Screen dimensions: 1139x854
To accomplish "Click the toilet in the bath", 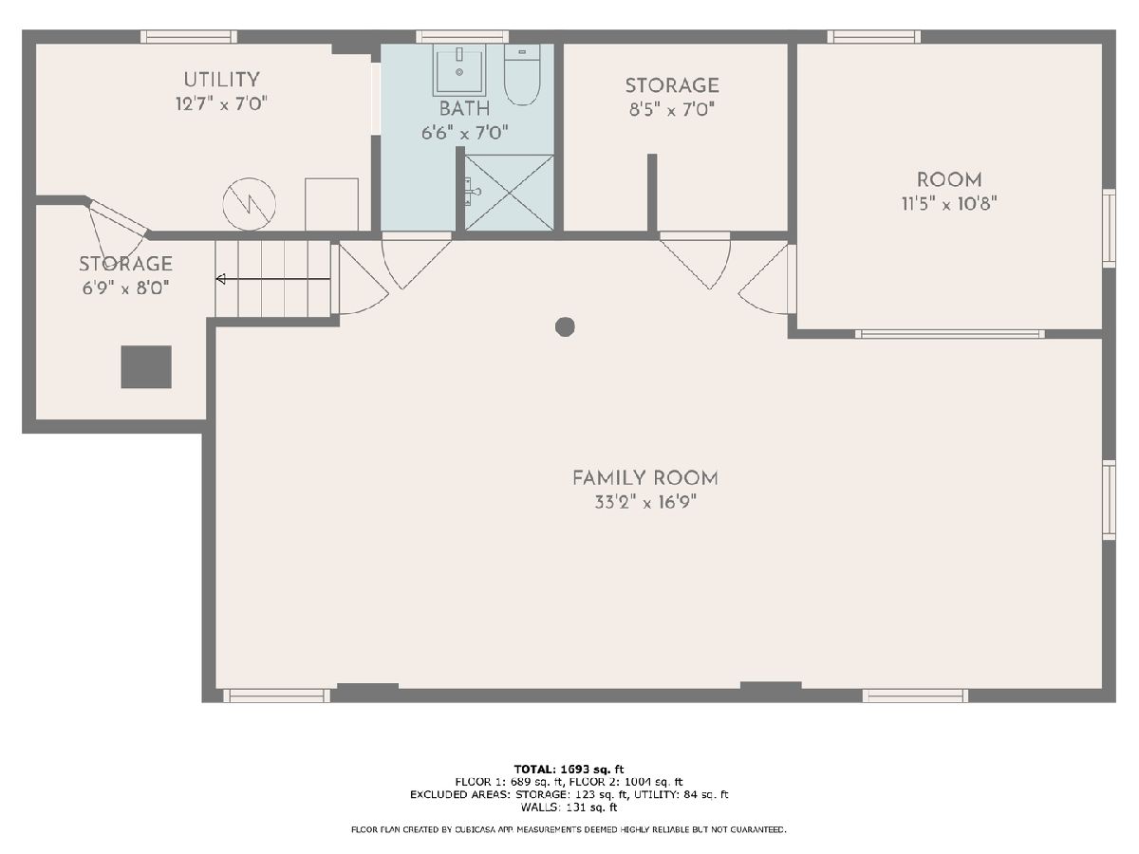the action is pyautogui.click(x=522, y=75).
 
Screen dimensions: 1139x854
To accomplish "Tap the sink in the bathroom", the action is pyautogui.click(x=459, y=70).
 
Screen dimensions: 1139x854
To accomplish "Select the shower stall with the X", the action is pyautogui.click(x=509, y=193).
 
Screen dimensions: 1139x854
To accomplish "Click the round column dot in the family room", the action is pyautogui.click(x=565, y=326).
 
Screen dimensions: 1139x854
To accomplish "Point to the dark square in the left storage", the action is pyautogui.click(x=146, y=366).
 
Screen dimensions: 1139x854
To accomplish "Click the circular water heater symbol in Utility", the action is pyautogui.click(x=249, y=204).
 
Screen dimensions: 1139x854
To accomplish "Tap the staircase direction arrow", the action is pyautogui.click(x=273, y=279).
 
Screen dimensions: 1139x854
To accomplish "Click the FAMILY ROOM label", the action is pyautogui.click(x=645, y=477).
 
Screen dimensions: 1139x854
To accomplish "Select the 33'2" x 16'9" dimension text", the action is pyautogui.click(x=645, y=502).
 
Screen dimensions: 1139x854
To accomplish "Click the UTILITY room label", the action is pyautogui.click(x=221, y=80).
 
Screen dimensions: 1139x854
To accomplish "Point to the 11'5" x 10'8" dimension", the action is pyautogui.click(x=949, y=203).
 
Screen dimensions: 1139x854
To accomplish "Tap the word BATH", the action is pyautogui.click(x=464, y=108).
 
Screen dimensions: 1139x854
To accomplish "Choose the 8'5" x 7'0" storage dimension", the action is pyautogui.click(x=672, y=109).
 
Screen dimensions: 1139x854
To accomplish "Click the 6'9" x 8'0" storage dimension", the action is pyautogui.click(x=126, y=288).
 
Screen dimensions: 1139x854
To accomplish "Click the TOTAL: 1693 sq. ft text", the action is pyautogui.click(x=569, y=770).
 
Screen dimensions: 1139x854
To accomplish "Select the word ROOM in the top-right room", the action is pyautogui.click(x=949, y=179).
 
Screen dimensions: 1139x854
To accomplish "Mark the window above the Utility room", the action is pyautogui.click(x=189, y=36).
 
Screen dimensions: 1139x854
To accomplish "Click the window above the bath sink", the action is pyautogui.click(x=462, y=36).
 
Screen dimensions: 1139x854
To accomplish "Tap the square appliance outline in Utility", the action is pyautogui.click(x=331, y=204).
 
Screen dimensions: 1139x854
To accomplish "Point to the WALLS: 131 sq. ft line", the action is pyautogui.click(x=569, y=808).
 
